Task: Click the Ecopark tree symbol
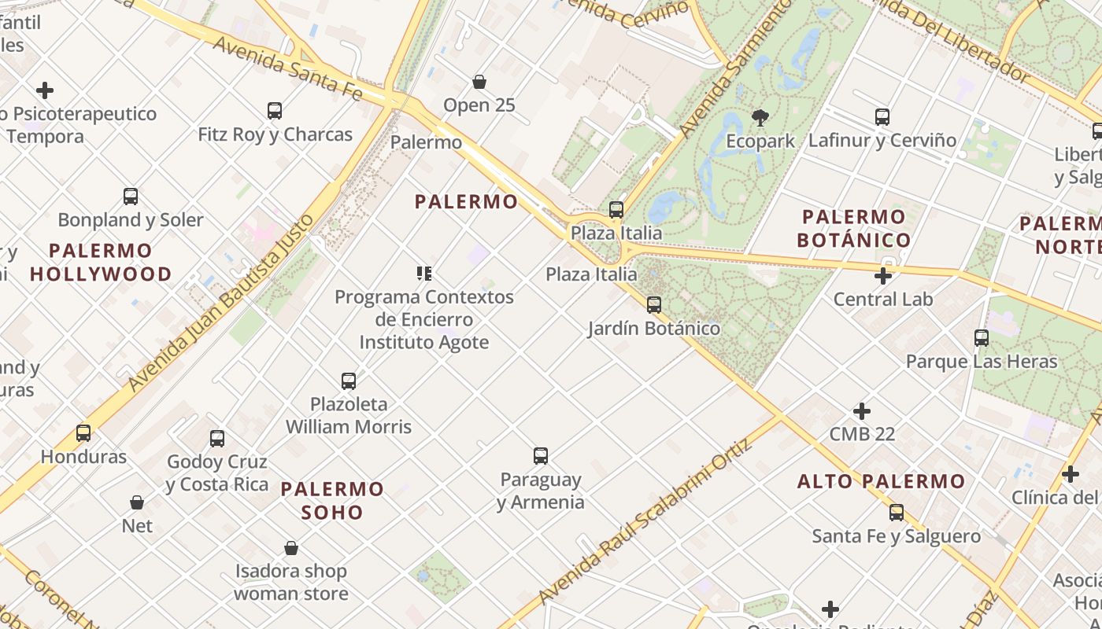pos(760,118)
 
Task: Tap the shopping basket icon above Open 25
pos(479,82)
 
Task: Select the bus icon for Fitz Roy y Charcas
pos(274,111)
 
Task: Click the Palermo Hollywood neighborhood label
pos(101,263)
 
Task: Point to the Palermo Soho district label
pos(332,500)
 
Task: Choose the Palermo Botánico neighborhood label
pos(854,228)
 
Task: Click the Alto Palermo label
pos(881,481)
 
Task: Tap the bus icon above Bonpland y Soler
pos(131,197)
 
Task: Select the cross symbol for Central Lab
pos(882,276)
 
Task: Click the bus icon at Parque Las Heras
pos(981,338)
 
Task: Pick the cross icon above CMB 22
pos(862,410)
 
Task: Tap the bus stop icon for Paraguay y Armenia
pos(540,456)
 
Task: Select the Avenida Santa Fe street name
pos(287,68)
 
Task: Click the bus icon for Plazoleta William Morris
pos(348,381)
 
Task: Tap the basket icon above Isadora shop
pos(290,548)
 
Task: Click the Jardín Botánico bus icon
pos(653,305)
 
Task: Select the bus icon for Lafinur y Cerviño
pos(882,117)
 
